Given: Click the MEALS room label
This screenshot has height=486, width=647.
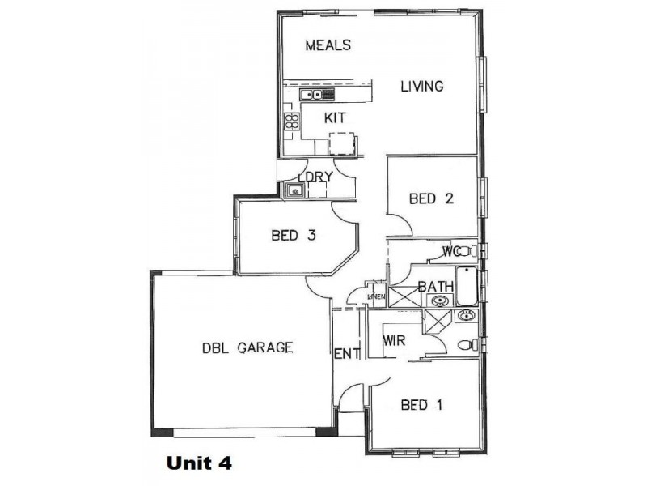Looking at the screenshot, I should (328, 45).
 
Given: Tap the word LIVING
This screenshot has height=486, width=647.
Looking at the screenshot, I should (422, 86).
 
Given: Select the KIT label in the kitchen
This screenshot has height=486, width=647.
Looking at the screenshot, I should (335, 118).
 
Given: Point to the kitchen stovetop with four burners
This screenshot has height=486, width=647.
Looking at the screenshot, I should (290, 122).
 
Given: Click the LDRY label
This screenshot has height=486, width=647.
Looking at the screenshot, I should (315, 177).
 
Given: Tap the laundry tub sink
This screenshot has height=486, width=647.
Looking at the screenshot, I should (294, 191).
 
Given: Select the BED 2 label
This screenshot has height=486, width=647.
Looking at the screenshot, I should (429, 198).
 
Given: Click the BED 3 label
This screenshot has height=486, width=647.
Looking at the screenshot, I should (292, 236).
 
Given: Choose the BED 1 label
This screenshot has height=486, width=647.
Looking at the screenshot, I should (421, 405).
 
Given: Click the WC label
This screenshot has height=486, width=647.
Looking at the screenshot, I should (451, 252).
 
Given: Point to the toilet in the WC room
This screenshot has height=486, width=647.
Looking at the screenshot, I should (472, 251).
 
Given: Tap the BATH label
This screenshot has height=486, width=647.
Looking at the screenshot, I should (434, 286).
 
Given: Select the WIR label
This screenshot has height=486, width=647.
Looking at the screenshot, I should (394, 341).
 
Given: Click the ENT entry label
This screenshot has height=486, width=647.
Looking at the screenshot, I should (346, 353).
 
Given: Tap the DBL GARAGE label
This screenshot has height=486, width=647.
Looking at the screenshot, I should (247, 347).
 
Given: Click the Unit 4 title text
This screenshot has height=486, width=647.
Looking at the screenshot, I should (199, 463).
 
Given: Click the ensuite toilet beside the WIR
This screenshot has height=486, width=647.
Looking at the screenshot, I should (466, 345).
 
